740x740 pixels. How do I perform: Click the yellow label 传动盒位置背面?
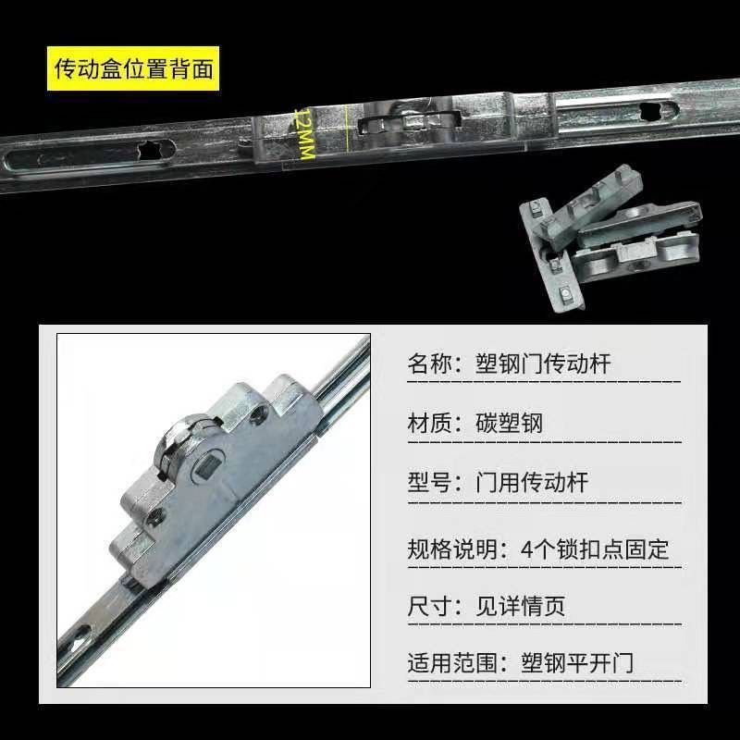[134, 68]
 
